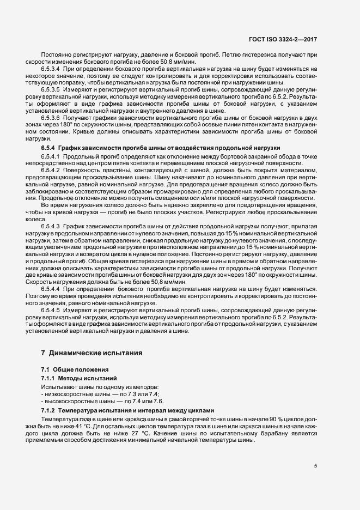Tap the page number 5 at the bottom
(315, 465)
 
